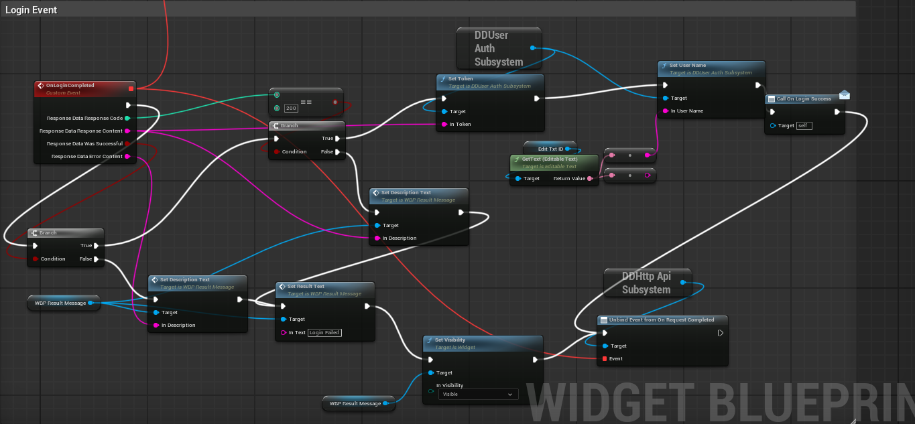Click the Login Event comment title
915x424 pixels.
(32, 10)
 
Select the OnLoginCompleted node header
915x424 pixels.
(70, 86)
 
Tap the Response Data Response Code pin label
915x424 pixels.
(84, 119)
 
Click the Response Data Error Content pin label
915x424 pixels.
(87, 157)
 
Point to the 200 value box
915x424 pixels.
(291, 108)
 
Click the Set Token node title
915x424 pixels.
(461, 79)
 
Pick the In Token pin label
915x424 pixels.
(461, 125)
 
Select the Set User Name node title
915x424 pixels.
(688, 66)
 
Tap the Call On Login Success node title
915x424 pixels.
(804, 99)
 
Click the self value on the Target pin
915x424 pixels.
(804, 126)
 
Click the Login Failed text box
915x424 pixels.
(324, 333)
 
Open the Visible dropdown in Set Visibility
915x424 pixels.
(479, 395)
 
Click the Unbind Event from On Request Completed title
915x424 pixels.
(662, 320)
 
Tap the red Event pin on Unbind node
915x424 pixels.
(605, 359)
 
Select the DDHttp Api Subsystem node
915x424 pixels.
(646, 283)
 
